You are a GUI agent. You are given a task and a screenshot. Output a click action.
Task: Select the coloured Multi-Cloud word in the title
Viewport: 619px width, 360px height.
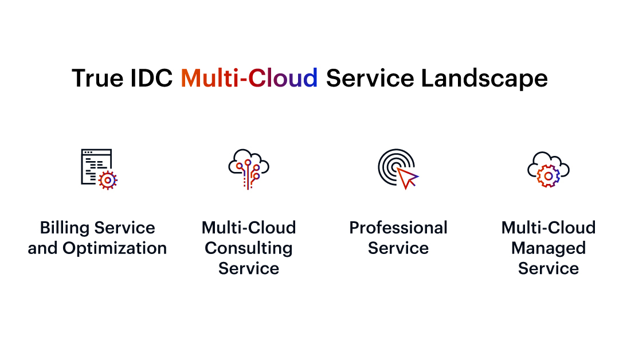coord(249,78)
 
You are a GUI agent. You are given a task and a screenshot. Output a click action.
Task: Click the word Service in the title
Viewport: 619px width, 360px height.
coord(370,78)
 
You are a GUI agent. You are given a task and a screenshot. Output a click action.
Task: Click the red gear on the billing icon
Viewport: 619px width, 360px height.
coord(107,180)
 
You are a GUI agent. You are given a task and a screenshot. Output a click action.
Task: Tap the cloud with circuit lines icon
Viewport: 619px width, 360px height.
coord(249,169)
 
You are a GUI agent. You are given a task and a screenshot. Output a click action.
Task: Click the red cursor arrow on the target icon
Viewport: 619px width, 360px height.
coord(409,178)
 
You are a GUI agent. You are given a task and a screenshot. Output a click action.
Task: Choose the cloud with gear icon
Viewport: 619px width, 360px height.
coord(549,169)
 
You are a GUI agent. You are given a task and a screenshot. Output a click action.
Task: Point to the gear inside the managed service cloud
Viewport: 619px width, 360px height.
coord(548,175)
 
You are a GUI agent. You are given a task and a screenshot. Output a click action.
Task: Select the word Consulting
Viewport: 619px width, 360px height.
coord(249,248)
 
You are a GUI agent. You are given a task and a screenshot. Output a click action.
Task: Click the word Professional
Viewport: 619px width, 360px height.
coord(398,228)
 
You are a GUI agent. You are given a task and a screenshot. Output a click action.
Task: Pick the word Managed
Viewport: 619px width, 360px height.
coord(549,248)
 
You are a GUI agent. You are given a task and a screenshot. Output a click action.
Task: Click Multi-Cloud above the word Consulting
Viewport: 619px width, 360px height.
coord(249,228)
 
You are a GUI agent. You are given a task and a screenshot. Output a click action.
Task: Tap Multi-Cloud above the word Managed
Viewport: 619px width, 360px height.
coord(549,228)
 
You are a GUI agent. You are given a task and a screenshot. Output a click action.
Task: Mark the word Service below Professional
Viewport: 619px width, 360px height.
coord(398,248)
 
